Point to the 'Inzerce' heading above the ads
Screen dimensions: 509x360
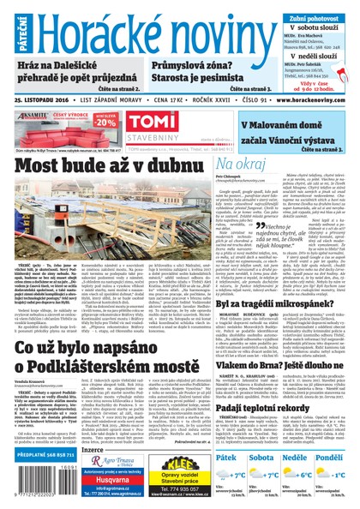point(93,446)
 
